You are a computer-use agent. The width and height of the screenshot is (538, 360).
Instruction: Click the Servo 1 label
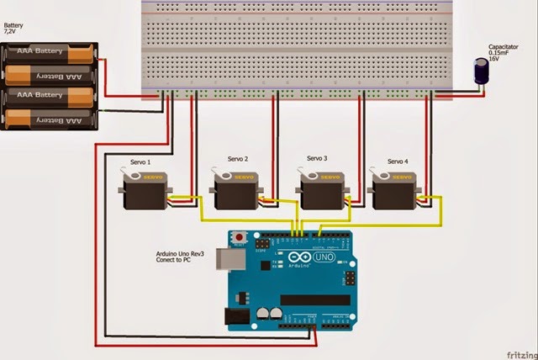point(136,161)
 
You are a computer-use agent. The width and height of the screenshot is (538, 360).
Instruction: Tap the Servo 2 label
point(239,159)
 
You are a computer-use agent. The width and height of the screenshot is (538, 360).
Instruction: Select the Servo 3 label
point(317,158)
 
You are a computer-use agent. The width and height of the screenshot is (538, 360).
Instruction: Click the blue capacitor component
point(483,72)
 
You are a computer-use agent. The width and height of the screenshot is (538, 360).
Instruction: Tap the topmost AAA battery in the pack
point(51,55)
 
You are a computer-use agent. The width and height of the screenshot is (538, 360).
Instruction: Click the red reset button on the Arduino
point(240,237)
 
